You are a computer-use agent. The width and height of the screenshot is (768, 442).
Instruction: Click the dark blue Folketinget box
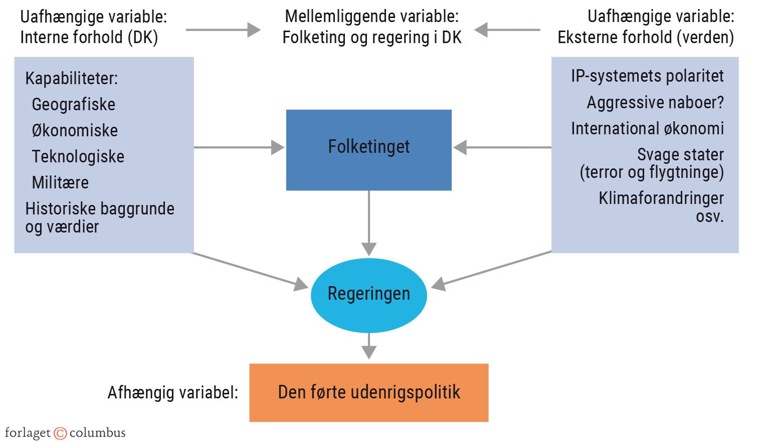coord(368,149)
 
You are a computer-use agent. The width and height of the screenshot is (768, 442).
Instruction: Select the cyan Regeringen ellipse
coord(368,294)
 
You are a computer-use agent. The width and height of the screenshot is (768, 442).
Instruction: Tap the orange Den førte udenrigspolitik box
coord(368,392)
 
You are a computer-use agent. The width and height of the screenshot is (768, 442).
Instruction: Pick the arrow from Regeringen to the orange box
coord(369,345)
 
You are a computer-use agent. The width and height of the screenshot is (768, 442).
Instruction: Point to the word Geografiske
coord(73,104)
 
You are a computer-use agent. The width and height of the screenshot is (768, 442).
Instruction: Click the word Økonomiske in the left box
coord(75,130)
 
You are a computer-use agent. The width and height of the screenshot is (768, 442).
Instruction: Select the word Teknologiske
coord(78,156)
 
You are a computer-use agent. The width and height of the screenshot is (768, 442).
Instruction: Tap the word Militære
coord(60,182)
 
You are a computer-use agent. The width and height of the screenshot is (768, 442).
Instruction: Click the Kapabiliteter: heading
coord(71,78)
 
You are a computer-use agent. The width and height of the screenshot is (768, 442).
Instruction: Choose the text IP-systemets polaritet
coord(647,76)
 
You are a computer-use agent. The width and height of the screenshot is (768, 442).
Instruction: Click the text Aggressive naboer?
coord(655,102)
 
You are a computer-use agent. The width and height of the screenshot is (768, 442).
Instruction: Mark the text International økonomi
coord(647,128)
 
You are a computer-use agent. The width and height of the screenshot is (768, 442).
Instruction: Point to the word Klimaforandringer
coord(661,198)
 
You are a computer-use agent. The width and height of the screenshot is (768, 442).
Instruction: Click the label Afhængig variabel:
coord(172,392)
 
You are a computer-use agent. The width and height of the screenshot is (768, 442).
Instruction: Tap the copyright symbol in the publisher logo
coord(60,433)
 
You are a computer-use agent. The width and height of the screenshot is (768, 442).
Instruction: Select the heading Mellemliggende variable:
coord(371,16)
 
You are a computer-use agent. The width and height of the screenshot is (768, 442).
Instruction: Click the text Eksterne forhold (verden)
coord(645,37)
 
